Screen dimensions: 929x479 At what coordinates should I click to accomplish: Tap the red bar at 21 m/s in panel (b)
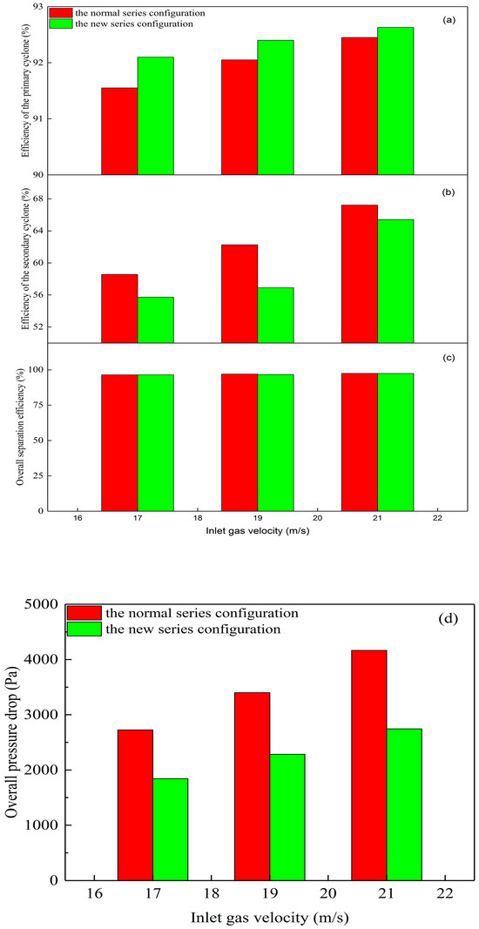point(360,273)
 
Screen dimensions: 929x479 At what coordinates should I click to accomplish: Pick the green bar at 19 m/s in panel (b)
point(275,314)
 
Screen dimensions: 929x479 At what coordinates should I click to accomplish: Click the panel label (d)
point(442,620)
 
